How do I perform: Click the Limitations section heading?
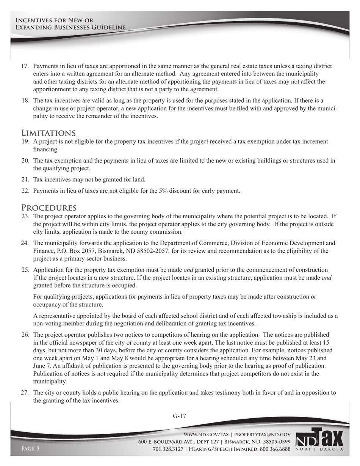tap(48, 133)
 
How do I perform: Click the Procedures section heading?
tap(49, 208)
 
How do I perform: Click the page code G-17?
tap(180, 416)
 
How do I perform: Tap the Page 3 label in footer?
tap(30, 449)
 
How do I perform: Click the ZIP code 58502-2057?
tap(157, 251)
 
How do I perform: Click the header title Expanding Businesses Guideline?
tap(70, 28)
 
